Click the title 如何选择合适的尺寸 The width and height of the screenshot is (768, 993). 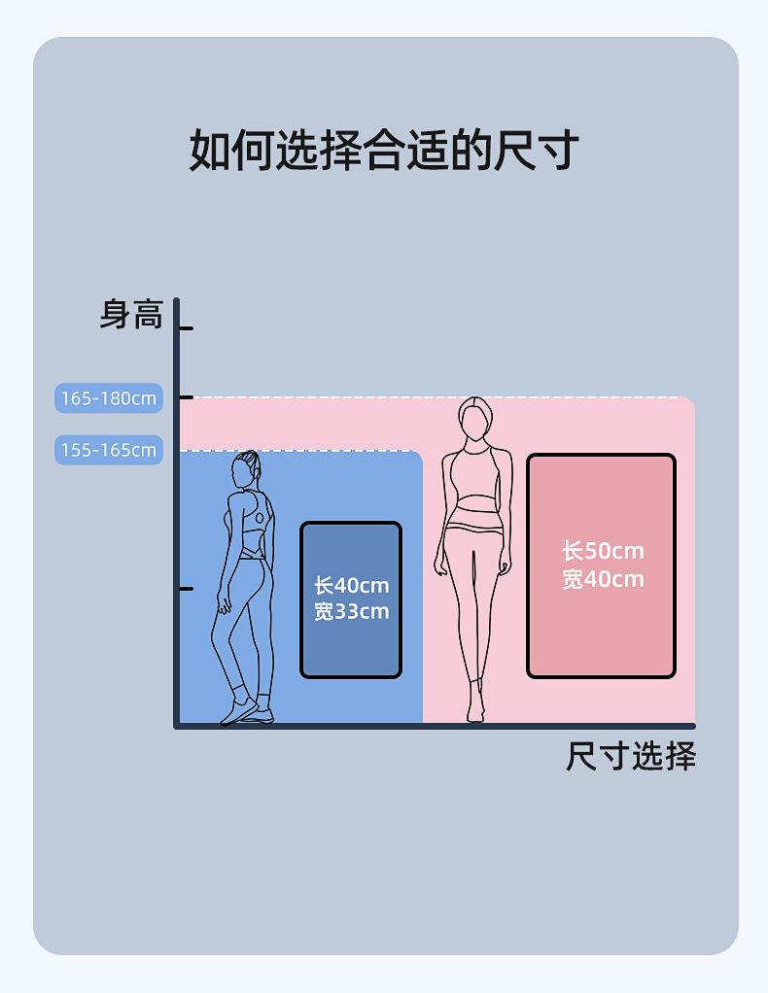(384, 151)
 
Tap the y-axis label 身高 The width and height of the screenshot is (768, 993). (131, 315)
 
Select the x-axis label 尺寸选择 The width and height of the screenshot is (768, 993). (631, 756)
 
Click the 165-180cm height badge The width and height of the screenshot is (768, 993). (108, 398)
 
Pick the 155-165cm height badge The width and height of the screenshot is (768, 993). (108, 450)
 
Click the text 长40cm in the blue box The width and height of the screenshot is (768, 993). (351, 586)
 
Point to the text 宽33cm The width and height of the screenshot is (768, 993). (351, 611)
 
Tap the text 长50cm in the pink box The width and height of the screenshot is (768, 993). (603, 551)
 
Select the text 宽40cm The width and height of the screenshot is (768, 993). (603, 579)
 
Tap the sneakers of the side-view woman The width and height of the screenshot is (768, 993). (247, 712)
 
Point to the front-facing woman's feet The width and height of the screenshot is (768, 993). (475, 707)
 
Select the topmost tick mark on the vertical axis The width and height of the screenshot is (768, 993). (186, 328)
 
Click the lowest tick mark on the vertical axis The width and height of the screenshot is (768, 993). (186, 589)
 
